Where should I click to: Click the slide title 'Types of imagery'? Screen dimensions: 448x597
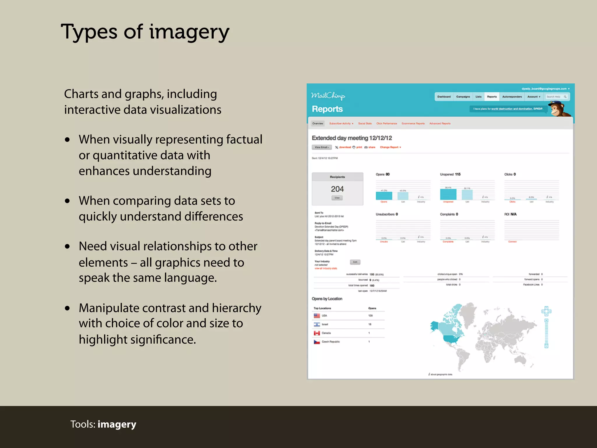[x=145, y=32]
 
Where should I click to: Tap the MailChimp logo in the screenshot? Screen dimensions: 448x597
[x=328, y=96]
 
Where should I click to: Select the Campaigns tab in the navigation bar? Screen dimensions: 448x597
[x=463, y=97]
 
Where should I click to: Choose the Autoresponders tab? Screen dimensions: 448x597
[x=512, y=97]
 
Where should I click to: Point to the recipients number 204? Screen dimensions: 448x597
[x=337, y=189]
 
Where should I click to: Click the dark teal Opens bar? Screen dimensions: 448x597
[x=384, y=196]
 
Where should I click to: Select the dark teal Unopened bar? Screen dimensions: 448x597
[x=448, y=195]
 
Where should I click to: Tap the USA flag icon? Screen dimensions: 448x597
[x=317, y=316]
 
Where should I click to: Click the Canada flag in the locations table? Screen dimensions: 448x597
[x=317, y=333]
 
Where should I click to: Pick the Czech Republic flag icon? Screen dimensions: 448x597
[x=317, y=342]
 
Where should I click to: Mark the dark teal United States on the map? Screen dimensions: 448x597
[x=453, y=339]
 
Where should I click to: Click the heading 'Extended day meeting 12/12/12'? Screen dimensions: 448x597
[x=352, y=138]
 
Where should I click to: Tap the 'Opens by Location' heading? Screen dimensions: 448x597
[x=327, y=299]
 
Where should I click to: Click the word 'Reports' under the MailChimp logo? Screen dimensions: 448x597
[x=327, y=109]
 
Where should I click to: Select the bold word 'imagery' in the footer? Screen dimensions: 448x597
[x=117, y=424]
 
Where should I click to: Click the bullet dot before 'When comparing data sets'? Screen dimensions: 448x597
[x=68, y=201]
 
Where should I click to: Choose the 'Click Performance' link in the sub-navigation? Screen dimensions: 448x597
[x=387, y=124]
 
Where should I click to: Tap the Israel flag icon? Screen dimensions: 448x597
[x=317, y=324]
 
